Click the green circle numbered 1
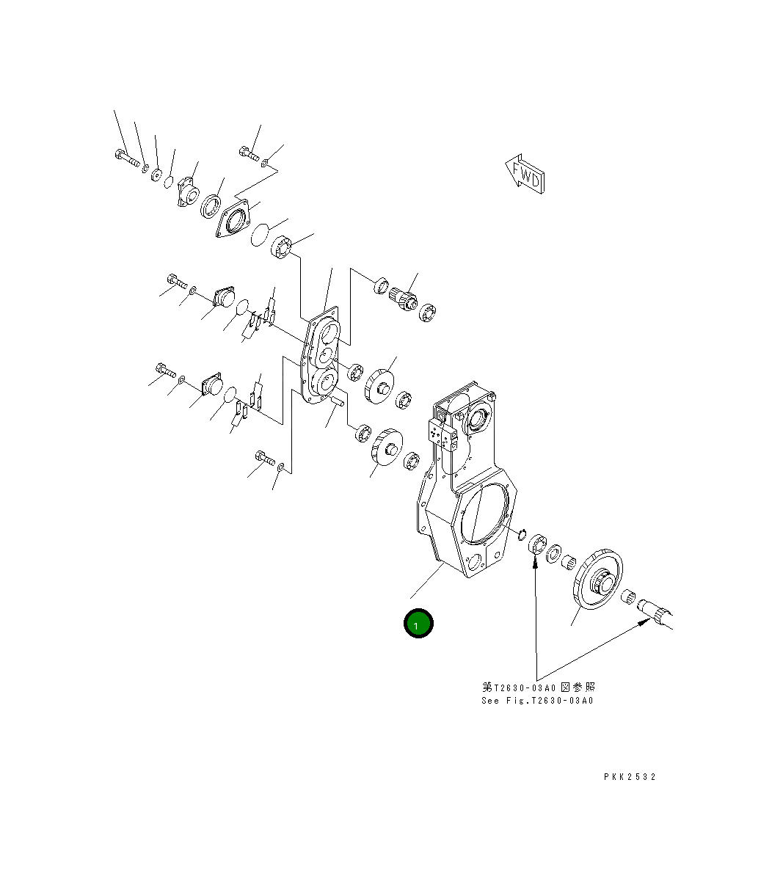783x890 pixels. coord(418,624)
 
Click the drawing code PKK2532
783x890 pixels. coord(630,777)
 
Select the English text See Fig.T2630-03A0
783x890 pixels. coord(537,701)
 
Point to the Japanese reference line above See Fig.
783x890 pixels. coord(538,687)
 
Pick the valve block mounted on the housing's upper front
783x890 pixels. coord(443,437)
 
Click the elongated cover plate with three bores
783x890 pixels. coord(321,355)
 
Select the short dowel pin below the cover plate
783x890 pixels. coord(339,401)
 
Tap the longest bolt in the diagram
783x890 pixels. coord(127,158)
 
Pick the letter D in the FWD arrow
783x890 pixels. coord(536,180)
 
